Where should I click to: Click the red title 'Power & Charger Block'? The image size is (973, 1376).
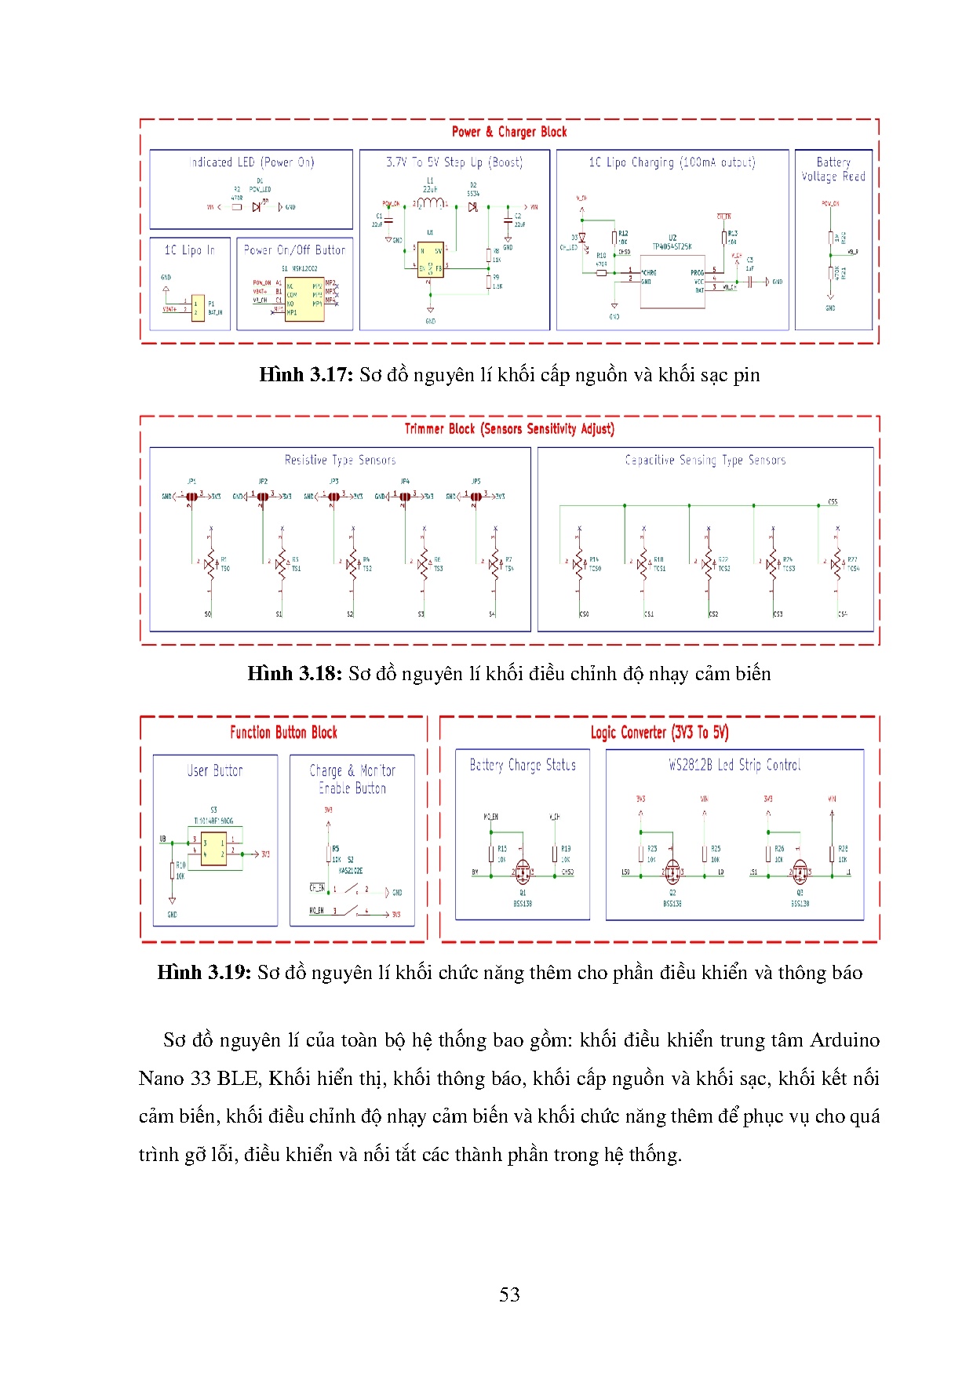pos(508,132)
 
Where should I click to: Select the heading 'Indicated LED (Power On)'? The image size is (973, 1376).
pos(251,162)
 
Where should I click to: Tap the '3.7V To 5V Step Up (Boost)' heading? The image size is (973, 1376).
pos(454,162)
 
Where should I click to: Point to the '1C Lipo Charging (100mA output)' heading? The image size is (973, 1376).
pos(672,162)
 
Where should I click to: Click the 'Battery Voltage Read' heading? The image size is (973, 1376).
pos(833,169)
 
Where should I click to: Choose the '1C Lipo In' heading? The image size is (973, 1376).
pos(189,250)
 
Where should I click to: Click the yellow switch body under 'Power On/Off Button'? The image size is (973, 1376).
pos(304,300)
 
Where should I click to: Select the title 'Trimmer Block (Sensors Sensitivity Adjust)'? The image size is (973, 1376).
pos(509,429)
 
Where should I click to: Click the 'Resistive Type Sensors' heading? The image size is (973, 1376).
pos(340,460)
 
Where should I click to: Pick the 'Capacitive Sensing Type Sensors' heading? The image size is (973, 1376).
pos(705,460)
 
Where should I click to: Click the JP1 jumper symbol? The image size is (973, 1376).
pos(191,496)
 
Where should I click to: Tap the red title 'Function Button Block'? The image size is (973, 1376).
pos(283,733)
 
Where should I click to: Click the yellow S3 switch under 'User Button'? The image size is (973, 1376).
pos(213,848)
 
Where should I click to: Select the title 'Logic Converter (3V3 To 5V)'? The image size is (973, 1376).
pos(659,733)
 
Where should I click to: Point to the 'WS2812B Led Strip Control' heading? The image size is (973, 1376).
pos(734,765)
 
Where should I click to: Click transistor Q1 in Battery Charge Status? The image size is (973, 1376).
pos(523,871)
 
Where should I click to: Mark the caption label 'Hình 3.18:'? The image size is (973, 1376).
pos(294,674)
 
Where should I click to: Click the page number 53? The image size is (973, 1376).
pos(509,1294)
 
